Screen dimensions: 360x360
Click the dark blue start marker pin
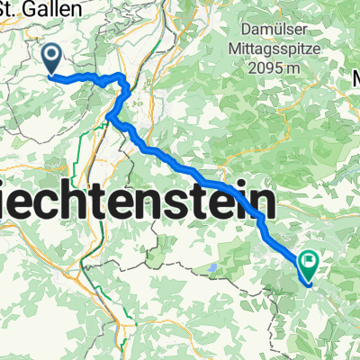[51, 60]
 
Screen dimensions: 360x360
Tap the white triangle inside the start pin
[51, 58]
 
